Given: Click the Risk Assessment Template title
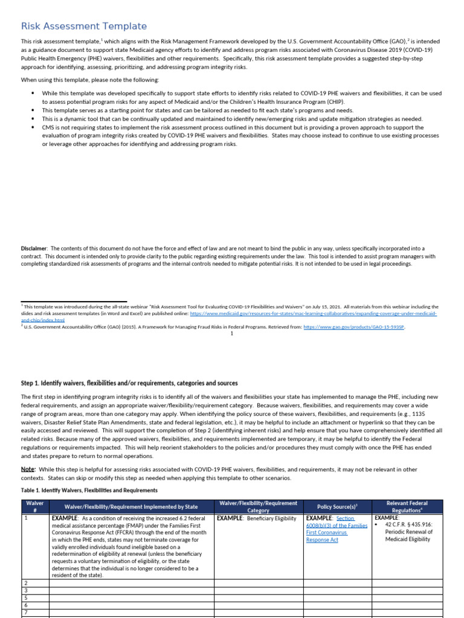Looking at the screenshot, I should (84, 26).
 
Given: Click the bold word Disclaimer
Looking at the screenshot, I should (34, 249).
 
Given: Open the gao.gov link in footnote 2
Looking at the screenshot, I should (353, 327).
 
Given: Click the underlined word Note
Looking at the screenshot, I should (28, 469).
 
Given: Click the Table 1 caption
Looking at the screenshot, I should (89, 490).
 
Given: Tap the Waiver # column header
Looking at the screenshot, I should (34, 507).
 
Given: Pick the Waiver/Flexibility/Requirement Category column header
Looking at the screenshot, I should (258, 507).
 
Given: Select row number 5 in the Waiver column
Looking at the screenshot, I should (25, 597).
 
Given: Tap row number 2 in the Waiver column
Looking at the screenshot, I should (25, 582).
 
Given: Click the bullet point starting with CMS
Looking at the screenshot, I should (240, 136).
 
